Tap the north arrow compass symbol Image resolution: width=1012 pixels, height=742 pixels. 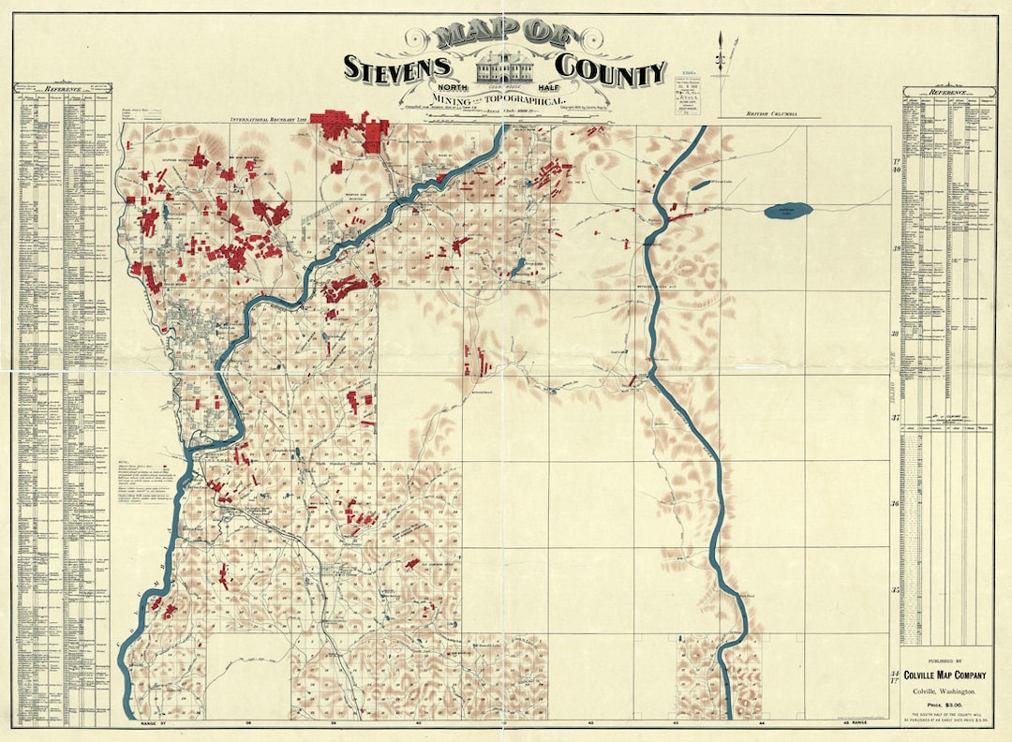pos(722,52)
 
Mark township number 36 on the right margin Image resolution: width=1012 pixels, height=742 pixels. pos(895,504)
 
